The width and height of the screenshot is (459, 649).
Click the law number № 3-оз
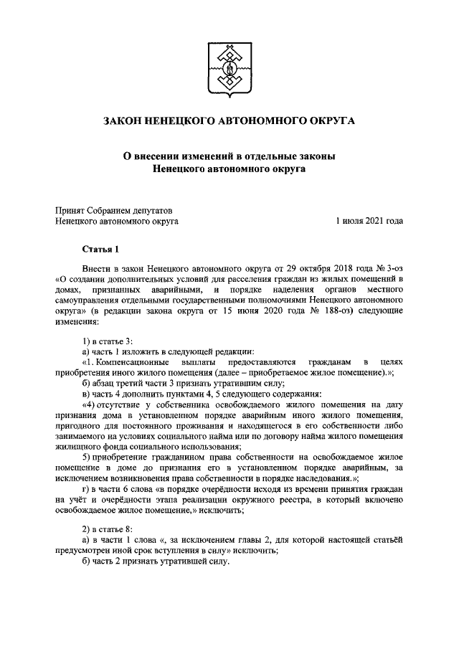(388, 267)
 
